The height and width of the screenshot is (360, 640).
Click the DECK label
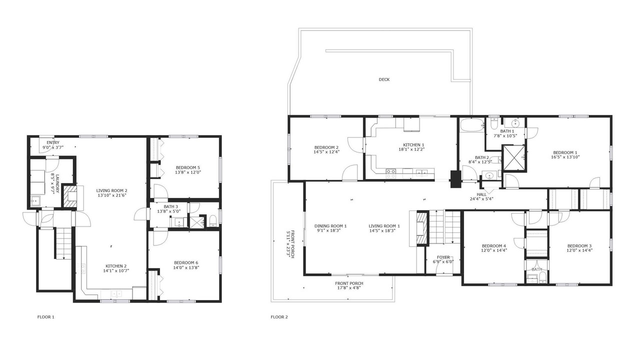384,79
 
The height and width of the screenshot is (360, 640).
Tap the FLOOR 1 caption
45,317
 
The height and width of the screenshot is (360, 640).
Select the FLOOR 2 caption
279,317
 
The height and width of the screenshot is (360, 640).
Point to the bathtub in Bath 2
471,125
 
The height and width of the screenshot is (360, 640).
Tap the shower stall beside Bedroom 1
513,157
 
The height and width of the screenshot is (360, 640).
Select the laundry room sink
35,201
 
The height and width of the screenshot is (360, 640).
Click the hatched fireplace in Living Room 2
70,197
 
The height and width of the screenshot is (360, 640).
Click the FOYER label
443,257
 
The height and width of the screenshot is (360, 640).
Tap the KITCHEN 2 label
116,266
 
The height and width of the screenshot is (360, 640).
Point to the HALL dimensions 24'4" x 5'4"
481,199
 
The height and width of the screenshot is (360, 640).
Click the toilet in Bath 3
213,221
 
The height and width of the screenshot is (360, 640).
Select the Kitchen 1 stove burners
391,173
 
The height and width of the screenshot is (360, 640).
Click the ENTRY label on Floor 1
53,142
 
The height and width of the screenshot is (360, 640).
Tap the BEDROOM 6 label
186,263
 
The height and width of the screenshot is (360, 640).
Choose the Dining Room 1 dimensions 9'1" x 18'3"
329,230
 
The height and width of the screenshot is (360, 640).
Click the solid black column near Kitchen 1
455,179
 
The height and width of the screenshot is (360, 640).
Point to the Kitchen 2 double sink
116,293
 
